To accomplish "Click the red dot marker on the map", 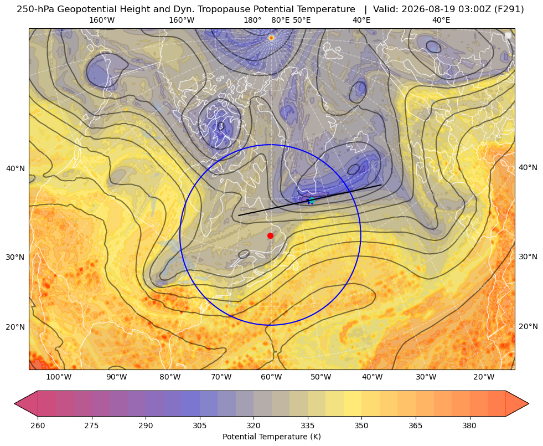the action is [x=271, y=235].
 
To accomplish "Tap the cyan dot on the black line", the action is [x=311, y=201].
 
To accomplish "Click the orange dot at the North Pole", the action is [x=271, y=38].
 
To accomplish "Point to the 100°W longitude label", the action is [x=59, y=377].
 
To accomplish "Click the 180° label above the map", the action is [x=252, y=20].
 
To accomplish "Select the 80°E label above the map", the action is [x=280, y=20].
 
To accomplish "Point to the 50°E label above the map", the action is [x=302, y=20].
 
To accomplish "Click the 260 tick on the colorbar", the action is [x=38, y=426].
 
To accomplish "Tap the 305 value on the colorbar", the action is [x=200, y=426].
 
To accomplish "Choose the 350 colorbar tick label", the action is [x=361, y=426].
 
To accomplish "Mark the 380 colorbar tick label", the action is [x=469, y=426].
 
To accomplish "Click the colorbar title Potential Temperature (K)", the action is [x=271, y=437].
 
